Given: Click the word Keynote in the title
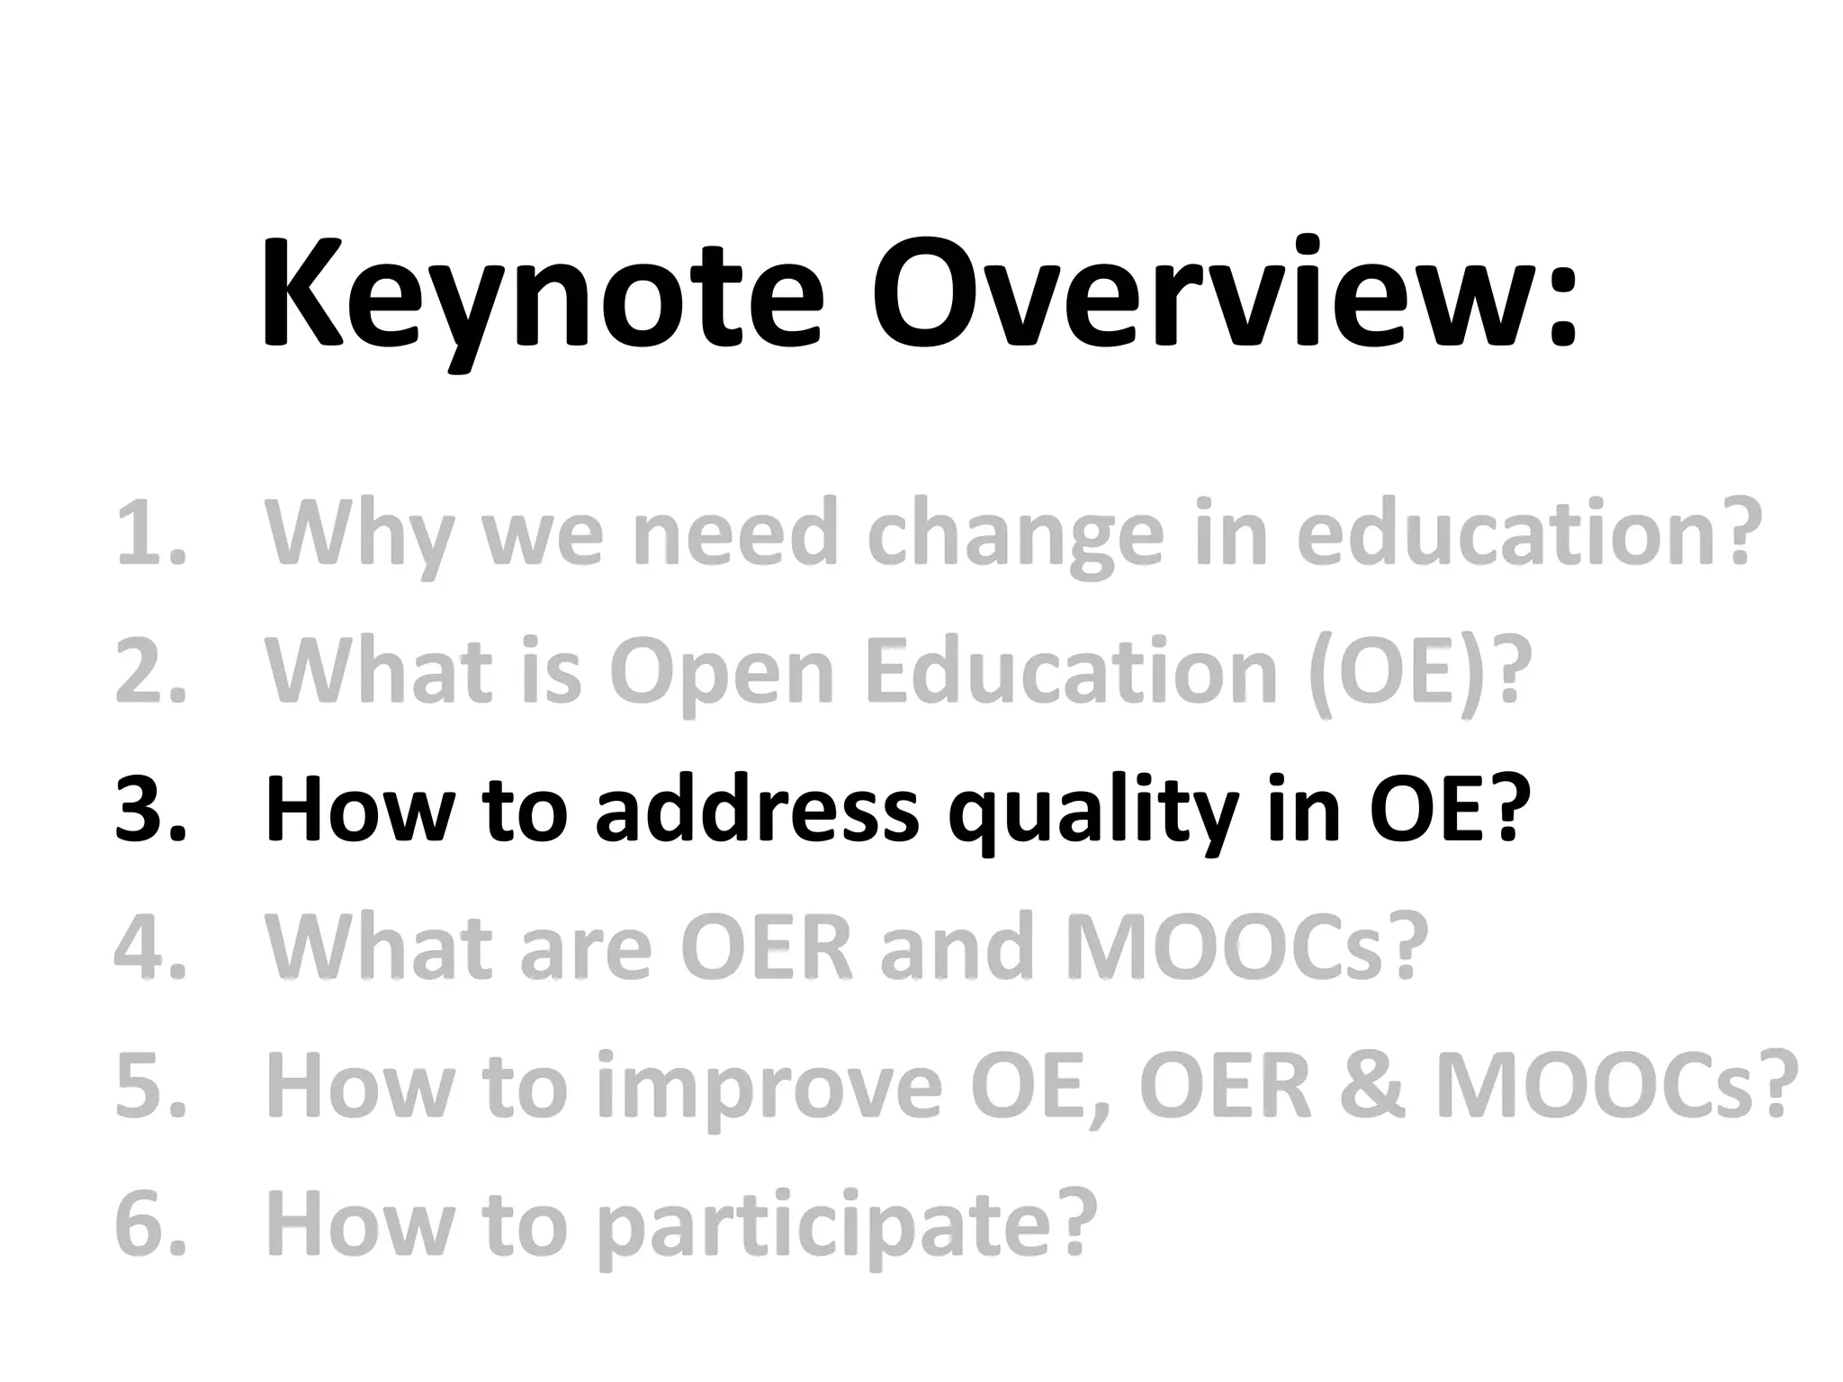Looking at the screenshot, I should pos(541,297).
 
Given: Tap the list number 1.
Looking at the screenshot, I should pos(149,534).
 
